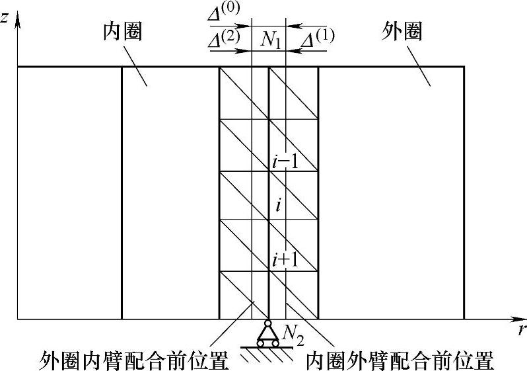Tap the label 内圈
coord(123,31)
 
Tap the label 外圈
coord(402,31)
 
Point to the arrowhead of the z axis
coord(18,20)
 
